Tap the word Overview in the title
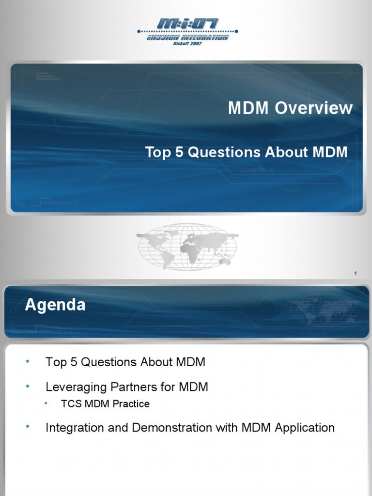(314, 108)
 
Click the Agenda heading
(55, 305)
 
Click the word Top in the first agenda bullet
(55, 362)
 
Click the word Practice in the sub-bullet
(132, 403)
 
